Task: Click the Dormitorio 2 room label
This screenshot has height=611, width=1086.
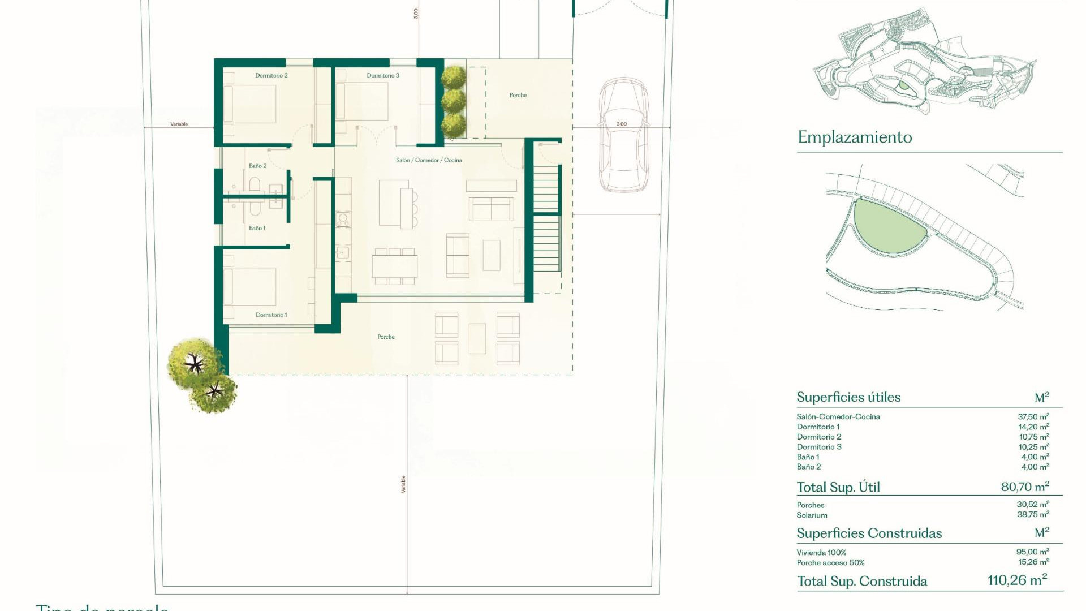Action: [271, 75]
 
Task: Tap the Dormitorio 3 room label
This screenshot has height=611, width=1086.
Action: [382, 75]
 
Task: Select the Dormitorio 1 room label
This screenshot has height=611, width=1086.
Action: [271, 315]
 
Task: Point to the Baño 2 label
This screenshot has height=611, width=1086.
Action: [257, 166]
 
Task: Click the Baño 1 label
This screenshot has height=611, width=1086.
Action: [257, 228]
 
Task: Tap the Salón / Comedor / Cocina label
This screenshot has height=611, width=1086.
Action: [429, 160]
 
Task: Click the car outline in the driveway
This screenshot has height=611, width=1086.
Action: [623, 136]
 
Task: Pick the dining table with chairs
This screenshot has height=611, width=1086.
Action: [394, 266]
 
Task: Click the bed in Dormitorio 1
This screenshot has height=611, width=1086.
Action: [250, 287]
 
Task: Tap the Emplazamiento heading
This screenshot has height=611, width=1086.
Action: [855, 137]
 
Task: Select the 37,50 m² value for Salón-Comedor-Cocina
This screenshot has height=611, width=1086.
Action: [1033, 417]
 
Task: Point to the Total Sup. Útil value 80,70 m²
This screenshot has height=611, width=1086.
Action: [1024, 487]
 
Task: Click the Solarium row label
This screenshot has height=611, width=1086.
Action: [812, 515]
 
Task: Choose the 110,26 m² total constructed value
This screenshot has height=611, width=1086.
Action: [1016, 580]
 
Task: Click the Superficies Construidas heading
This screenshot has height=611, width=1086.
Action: [869, 533]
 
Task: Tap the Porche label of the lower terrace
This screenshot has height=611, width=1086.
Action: [386, 337]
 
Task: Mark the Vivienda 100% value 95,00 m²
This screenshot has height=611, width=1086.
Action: [1032, 552]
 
